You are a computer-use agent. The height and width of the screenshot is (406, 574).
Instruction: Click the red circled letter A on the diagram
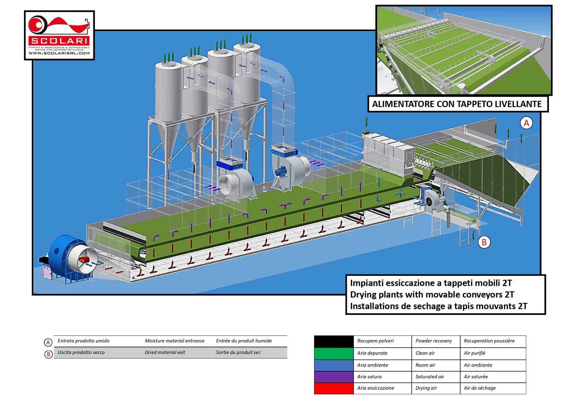(x=526, y=123)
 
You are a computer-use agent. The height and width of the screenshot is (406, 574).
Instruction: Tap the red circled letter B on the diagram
(x=484, y=242)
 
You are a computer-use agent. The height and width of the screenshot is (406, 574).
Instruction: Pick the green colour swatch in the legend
(x=334, y=353)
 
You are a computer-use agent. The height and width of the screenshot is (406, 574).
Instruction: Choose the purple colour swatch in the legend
(x=334, y=377)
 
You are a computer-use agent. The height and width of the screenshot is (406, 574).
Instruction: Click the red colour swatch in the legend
(x=334, y=388)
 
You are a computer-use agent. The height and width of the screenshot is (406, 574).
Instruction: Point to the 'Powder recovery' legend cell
(x=433, y=341)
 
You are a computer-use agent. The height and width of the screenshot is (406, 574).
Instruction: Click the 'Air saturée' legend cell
(x=476, y=377)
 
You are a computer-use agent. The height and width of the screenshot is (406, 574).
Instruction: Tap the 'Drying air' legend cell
(x=426, y=388)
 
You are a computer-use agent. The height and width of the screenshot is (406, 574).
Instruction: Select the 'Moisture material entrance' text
(x=174, y=341)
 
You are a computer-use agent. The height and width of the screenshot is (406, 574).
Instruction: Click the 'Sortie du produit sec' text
(x=238, y=352)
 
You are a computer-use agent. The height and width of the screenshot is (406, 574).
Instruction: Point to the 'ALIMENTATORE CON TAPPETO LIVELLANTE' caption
(x=457, y=104)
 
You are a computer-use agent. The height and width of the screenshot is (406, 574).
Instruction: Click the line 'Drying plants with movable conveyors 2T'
(x=432, y=295)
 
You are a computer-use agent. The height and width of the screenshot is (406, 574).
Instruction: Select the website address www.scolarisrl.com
(x=59, y=53)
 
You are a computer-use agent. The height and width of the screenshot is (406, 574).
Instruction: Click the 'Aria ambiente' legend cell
(x=373, y=365)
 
